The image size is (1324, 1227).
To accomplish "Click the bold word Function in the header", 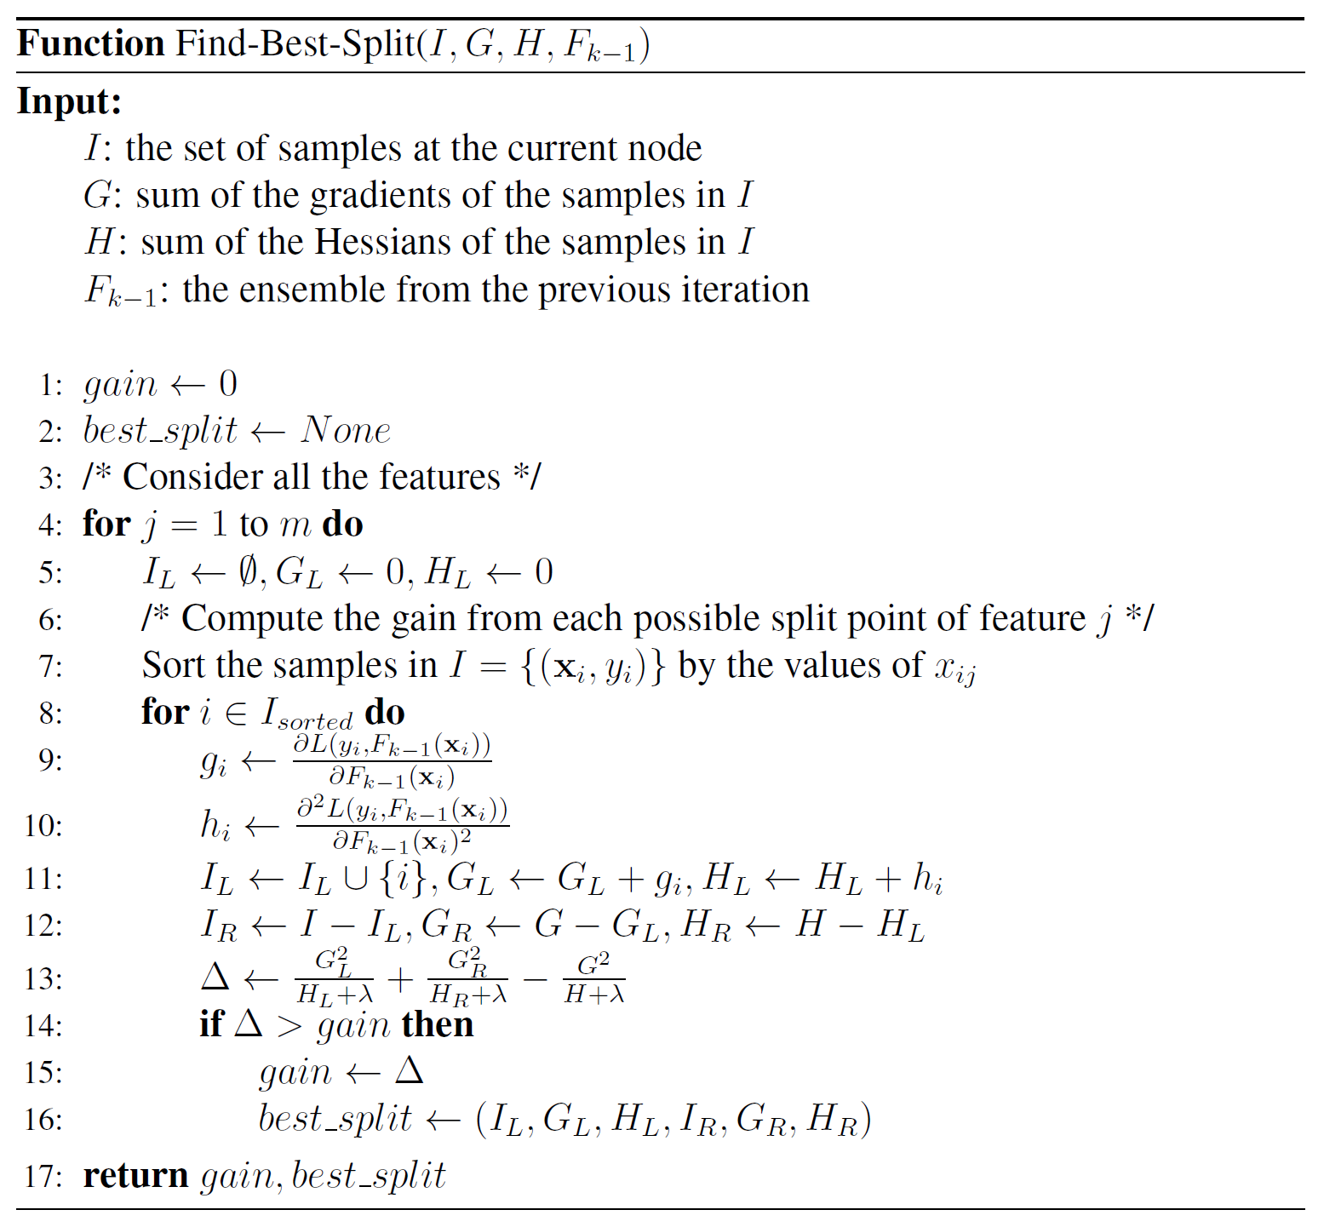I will click(x=90, y=43).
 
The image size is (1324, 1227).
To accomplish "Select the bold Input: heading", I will click(x=70, y=101).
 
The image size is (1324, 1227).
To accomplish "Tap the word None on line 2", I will click(x=346, y=431).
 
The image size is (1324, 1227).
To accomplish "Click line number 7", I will click(x=51, y=666).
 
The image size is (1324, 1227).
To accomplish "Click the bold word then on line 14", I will click(x=438, y=1024).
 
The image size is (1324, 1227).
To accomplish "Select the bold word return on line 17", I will click(x=135, y=1176).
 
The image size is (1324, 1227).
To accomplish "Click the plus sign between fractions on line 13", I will click(x=399, y=979).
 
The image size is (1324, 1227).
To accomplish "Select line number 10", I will click(x=44, y=826).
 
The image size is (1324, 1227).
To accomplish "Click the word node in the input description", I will click(x=664, y=148).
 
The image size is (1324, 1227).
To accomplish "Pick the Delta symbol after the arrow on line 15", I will click(x=410, y=1071).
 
